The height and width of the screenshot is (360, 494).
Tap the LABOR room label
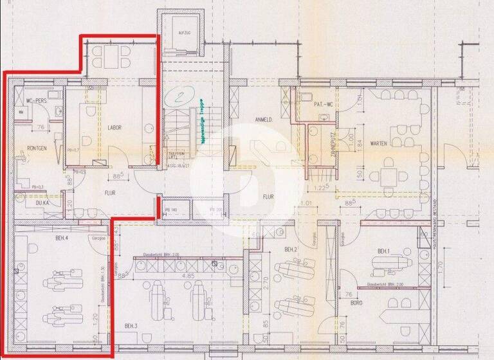coord(114,127)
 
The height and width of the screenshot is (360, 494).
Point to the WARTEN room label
coord(378,144)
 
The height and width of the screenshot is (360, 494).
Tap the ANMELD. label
coord(265,119)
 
